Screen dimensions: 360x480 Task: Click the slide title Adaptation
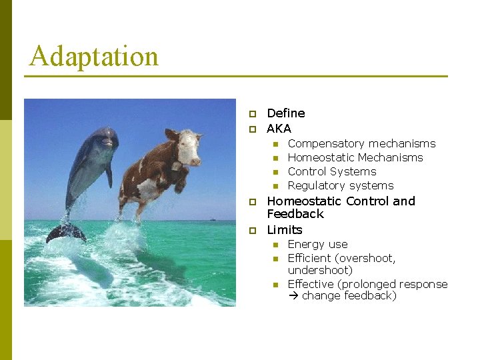coord(94,57)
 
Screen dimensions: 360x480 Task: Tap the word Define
coord(285,113)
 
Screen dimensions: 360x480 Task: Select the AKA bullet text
coord(279,129)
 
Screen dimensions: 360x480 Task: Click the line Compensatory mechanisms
coord(361,143)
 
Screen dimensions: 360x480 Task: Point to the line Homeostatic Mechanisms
coord(355,157)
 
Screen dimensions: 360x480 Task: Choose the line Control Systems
coord(331,171)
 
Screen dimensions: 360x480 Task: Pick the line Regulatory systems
coord(340,185)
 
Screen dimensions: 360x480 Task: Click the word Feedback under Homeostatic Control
coord(295,214)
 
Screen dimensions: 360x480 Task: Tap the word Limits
coord(284,230)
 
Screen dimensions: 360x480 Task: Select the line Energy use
coord(317,244)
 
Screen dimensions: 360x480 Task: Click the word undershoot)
coord(320,270)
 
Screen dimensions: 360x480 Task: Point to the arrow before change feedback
coord(293,296)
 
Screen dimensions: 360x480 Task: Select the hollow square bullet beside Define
coord(253,114)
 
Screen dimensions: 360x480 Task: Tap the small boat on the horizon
coord(211,219)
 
